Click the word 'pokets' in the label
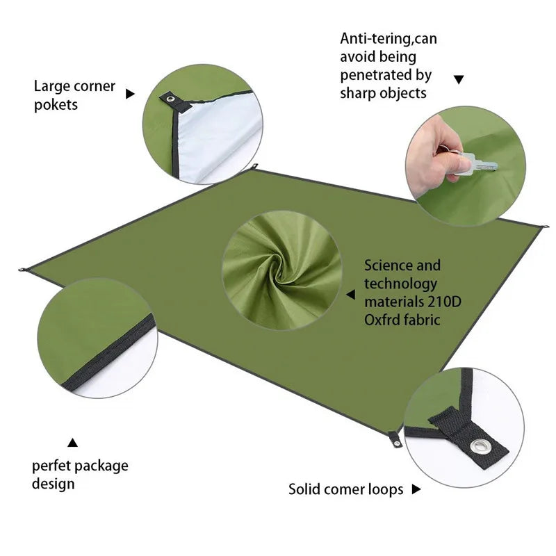click(x=56, y=105)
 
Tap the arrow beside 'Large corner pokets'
click(x=129, y=93)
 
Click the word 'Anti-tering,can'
click(x=389, y=39)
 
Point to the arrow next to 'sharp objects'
click(x=459, y=79)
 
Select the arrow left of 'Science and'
click(x=352, y=295)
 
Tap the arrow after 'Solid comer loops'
click(x=416, y=489)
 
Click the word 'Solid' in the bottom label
click(x=306, y=489)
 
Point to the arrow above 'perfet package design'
click(x=73, y=442)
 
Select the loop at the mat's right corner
click(x=543, y=227)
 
